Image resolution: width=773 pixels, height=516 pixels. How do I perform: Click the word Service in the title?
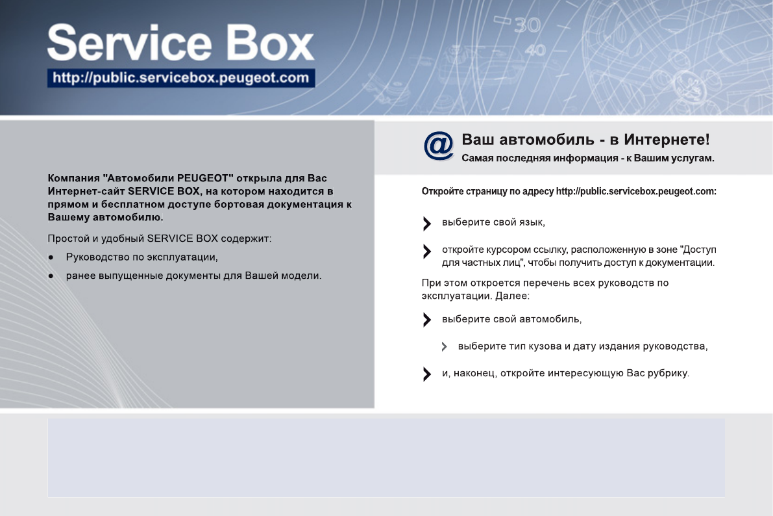[x=130, y=43]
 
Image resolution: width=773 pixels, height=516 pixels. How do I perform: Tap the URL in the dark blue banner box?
[x=181, y=78]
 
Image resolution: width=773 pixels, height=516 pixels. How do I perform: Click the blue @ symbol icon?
[x=438, y=146]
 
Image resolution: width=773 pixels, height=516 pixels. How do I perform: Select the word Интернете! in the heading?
[x=667, y=140]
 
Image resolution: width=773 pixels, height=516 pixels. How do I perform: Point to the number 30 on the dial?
[x=528, y=25]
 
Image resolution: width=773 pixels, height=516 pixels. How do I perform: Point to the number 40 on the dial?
[x=535, y=50]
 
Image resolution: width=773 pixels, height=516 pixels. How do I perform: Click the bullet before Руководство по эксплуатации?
[x=51, y=257]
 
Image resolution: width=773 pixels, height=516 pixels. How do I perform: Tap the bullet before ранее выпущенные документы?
[x=51, y=276]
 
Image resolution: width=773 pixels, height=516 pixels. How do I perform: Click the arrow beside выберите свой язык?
[x=427, y=224]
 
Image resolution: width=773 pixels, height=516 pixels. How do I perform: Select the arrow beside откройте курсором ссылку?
[x=427, y=252]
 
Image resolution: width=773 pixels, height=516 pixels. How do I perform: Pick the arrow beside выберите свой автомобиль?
[x=427, y=320]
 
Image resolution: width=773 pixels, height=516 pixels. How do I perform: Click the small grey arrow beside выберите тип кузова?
[x=444, y=346]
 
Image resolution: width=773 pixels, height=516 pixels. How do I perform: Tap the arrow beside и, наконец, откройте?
[x=427, y=374]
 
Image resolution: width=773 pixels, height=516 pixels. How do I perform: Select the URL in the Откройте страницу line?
[x=636, y=192]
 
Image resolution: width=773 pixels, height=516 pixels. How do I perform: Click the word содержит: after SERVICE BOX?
[x=246, y=239]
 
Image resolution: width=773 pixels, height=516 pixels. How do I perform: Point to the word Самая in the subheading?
[x=477, y=158]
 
